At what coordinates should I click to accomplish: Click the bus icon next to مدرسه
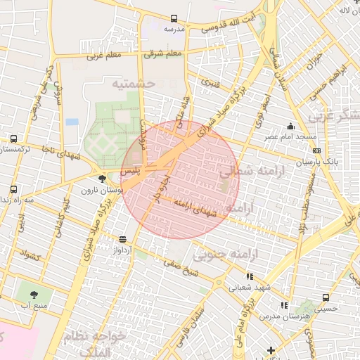pyautogui.click(x=174, y=19)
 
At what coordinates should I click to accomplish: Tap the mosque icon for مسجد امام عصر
pyautogui.click(x=290, y=127)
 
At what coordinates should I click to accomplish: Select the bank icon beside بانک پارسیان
pyautogui.click(x=316, y=150)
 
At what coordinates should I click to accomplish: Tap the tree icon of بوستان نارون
pyautogui.click(x=103, y=179)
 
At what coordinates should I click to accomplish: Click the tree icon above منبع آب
pyautogui.click(x=34, y=293)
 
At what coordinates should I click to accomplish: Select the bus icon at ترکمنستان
pyautogui.click(x=14, y=139)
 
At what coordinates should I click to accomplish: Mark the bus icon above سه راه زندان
pyautogui.click(x=14, y=189)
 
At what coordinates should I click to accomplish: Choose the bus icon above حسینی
pyautogui.click(x=325, y=298)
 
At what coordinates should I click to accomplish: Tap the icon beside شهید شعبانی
pyautogui.click(x=250, y=276)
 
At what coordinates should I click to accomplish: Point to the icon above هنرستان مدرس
pyautogui.click(x=284, y=305)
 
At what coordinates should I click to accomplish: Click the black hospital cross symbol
pyautogui.click(x=271, y=349)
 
